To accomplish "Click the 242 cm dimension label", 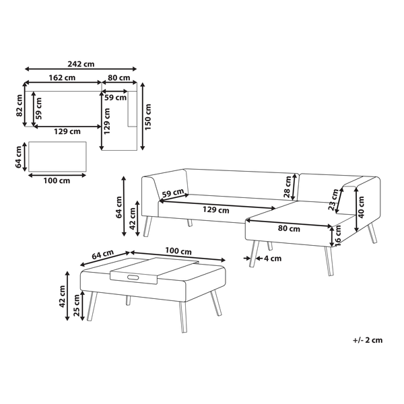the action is tap(81, 64).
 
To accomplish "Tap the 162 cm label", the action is tap(62, 77).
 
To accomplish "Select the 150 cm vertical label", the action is tap(148, 117).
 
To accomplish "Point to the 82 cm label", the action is tap(20, 106).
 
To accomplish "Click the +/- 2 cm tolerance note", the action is tap(368, 340).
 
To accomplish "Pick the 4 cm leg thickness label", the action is tap(273, 259).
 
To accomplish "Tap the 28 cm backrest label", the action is tap(288, 187).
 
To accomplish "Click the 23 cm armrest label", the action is tap(334, 200).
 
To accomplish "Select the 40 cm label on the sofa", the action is tap(361, 207).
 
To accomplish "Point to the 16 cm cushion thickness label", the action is tap(338, 236).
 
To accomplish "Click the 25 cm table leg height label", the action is tap(77, 305).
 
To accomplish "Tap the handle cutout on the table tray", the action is tap(133, 277).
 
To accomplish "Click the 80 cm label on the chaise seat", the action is tap(289, 228).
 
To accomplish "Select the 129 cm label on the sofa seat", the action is tap(215, 210).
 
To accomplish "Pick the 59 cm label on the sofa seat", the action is tap(173, 193).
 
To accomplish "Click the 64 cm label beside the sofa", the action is tap(119, 207).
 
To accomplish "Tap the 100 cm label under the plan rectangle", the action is tap(57, 180).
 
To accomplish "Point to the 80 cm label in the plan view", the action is tap(119, 77).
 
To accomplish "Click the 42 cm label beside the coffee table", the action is tap(62, 296).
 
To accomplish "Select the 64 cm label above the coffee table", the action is tap(103, 255).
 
